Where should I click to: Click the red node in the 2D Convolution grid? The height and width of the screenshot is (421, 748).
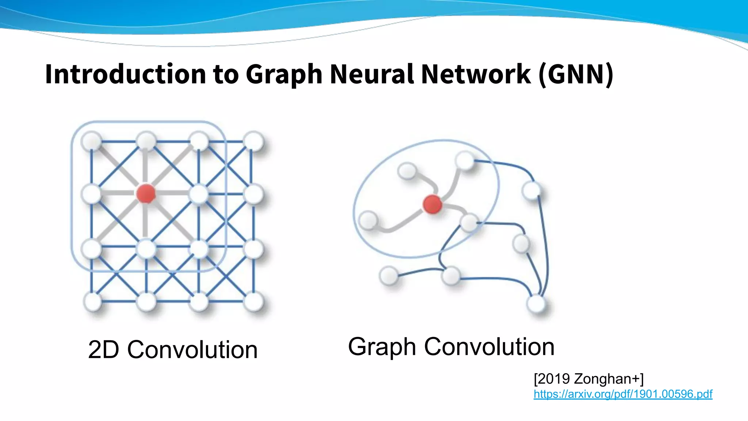point(146,193)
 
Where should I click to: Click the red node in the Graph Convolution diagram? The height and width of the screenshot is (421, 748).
point(432,204)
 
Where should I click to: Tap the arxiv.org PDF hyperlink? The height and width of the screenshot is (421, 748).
point(623,394)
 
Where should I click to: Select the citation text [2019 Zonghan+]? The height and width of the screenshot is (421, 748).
point(588,379)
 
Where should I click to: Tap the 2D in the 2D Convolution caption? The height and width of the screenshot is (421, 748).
point(104,350)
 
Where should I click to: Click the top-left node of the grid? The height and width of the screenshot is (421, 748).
point(92,141)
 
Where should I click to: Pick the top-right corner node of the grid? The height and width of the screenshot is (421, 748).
point(253,141)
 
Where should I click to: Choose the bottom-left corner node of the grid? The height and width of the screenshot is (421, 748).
point(93,301)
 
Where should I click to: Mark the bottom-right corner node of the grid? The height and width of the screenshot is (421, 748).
point(253,301)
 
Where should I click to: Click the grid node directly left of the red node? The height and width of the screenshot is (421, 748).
point(91,194)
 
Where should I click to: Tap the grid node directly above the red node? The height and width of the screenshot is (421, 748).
point(146,141)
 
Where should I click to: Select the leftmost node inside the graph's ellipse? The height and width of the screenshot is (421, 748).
point(368,220)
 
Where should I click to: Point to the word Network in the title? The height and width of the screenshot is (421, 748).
point(476,74)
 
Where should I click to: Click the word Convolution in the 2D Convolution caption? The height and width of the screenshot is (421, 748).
point(192,350)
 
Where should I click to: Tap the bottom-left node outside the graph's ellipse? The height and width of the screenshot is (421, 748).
point(389,276)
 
